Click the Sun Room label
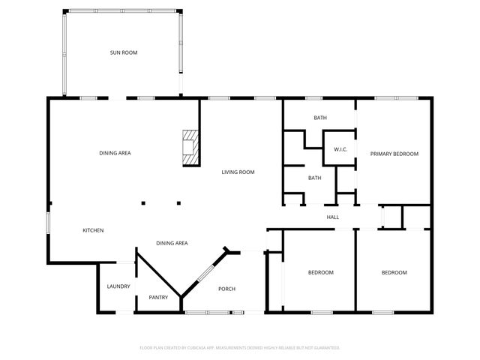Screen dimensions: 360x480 (x=124, y=52)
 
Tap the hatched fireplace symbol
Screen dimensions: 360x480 (x=191, y=147)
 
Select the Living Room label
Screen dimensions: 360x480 (x=238, y=172)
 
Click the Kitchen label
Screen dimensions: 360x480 (x=93, y=230)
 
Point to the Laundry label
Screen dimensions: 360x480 (x=118, y=286)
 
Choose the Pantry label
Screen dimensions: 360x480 (x=158, y=298)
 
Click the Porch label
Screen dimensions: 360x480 (x=226, y=289)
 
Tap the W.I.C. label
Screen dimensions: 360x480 (x=340, y=150)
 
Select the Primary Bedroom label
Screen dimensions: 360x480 (x=394, y=154)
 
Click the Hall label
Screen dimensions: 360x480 (x=333, y=217)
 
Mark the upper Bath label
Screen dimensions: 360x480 (x=320, y=118)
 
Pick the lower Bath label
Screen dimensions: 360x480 (x=315, y=178)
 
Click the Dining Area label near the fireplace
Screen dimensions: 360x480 (x=115, y=154)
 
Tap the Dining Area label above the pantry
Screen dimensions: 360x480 (x=172, y=243)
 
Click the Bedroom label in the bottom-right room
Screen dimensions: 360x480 (x=394, y=272)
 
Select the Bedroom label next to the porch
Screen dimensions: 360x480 (x=320, y=272)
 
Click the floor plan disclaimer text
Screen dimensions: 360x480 (x=240, y=348)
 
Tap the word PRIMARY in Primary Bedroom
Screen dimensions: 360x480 (x=382, y=154)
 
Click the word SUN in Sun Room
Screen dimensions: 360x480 (x=115, y=52)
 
